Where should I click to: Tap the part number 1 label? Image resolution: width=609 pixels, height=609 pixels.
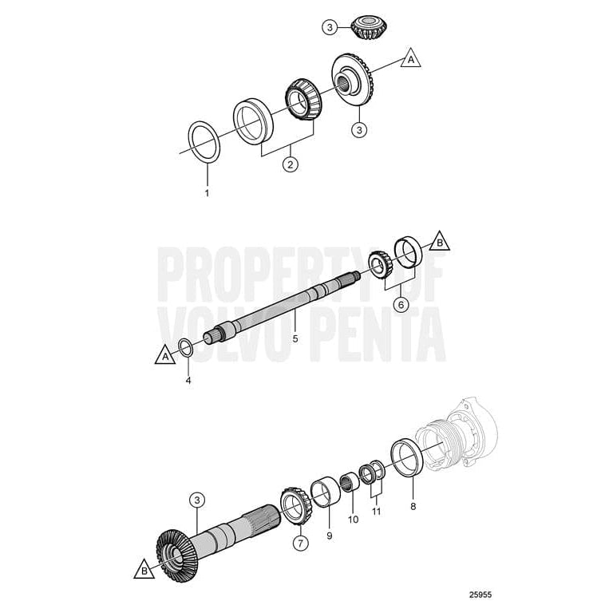[x=207, y=193]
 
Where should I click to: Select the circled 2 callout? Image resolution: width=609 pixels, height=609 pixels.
[x=291, y=164]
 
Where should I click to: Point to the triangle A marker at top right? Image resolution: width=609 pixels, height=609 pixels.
[x=410, y=59]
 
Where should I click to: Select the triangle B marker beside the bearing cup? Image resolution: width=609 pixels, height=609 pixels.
[x=438, y=240]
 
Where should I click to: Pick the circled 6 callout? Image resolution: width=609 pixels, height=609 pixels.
[x=401, y=304]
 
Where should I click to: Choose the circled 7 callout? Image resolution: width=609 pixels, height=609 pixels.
[x=300, y=544]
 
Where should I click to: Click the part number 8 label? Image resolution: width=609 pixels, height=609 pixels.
[x=413, y=504]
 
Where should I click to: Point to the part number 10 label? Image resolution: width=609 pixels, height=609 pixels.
[x=353, y=520]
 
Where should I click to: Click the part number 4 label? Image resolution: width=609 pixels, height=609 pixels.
[x=188, y=380]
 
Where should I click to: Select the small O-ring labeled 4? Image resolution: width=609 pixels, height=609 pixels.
[x=184, y=346]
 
